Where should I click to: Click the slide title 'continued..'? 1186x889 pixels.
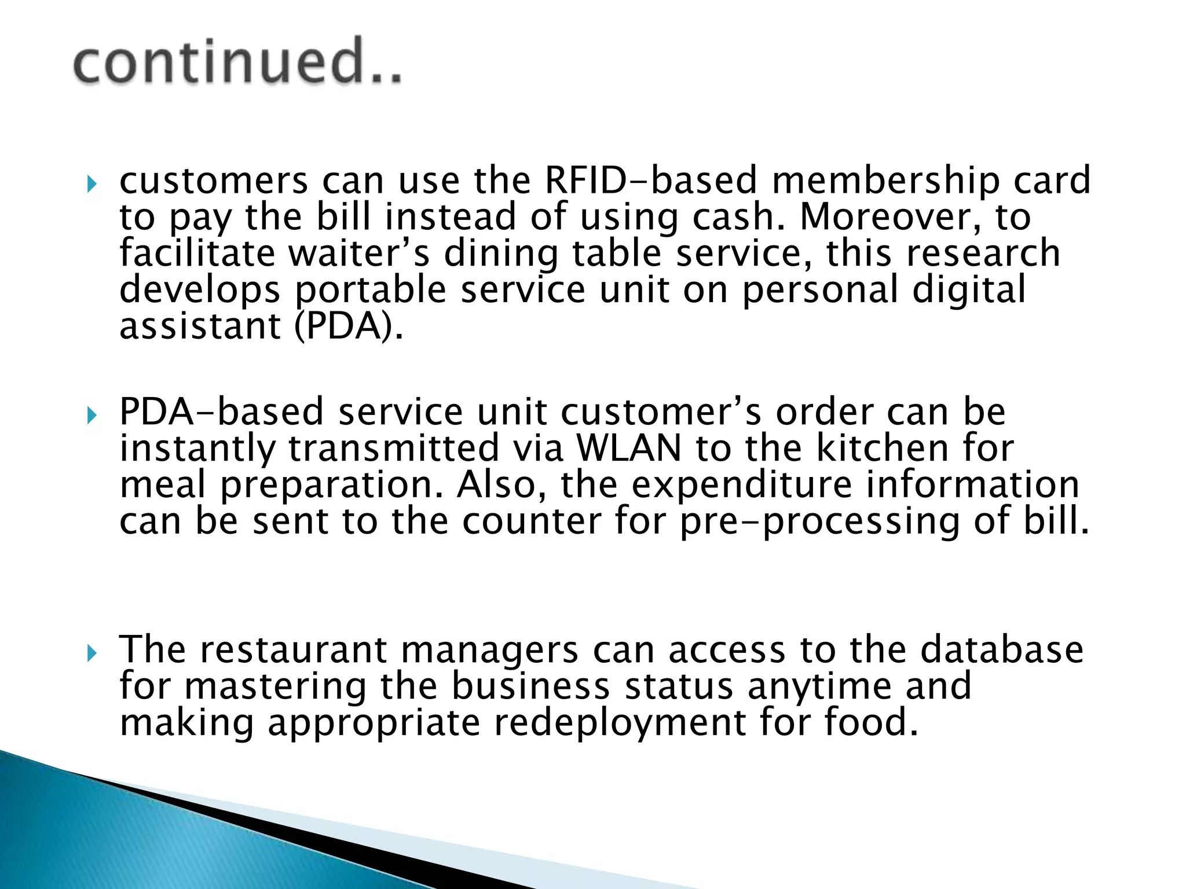(x=237, y=61)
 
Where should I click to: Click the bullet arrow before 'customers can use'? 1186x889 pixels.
(x=91, y=185)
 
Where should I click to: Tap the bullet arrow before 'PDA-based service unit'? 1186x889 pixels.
(x=91, y=415)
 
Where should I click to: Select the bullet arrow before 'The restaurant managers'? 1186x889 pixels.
(x=91, y=654)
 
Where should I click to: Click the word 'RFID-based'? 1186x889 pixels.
(x=651, y=180)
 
